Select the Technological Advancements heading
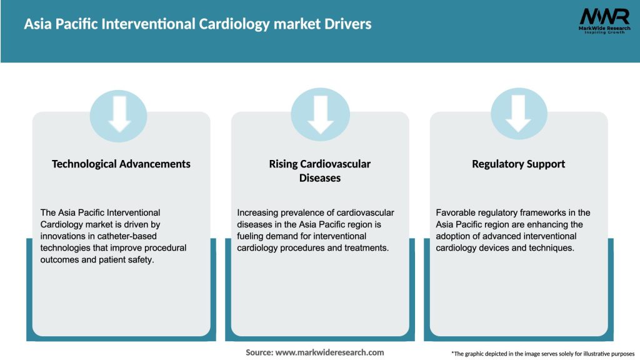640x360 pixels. pyautogui.click(x=121, y=164)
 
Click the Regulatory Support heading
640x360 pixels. pyautogui.click(x=518, y=164)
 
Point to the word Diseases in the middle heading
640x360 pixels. pyautogui.click(x=320, y=178)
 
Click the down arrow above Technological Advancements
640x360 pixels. pyautogui.click(x=119, y=113)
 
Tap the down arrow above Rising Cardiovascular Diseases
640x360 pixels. pyautogui.click(x=320, y=113)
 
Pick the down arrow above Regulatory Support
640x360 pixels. pyautogui.click(x=518, y=113)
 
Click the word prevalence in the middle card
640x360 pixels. pyautogui.click(x=299, y=212)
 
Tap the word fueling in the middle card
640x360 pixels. pyautogui.click(x=251, y=236)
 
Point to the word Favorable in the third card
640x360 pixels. pyautogui.click(x=456, y=212)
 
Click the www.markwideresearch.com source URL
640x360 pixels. pyautogui.click(x=329, y=352)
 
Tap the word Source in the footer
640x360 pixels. pyautogui.click(x=259, y=352)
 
